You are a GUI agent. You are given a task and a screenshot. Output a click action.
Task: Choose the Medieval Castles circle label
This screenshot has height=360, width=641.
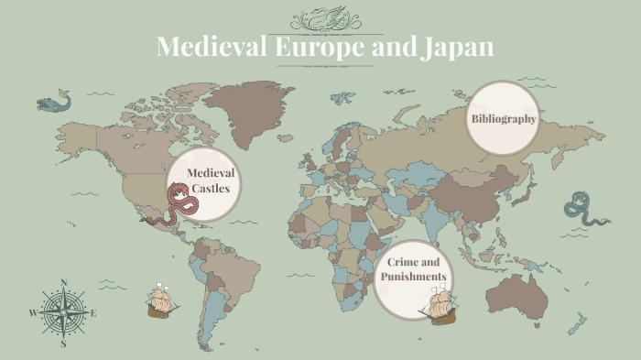[209, 180]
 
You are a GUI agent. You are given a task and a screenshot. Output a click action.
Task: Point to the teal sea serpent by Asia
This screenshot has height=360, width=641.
[583, 210]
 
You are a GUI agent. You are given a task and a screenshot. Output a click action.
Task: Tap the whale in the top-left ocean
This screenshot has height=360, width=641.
[54, 101]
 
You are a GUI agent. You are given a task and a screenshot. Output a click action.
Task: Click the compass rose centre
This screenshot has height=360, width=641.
[63, 312]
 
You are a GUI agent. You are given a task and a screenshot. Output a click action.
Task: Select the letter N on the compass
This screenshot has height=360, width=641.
[63, 283]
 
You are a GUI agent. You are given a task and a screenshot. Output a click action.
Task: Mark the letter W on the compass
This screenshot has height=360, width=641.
[33, 313]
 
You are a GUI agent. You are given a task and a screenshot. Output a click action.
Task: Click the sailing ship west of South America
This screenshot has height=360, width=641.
[162, 300]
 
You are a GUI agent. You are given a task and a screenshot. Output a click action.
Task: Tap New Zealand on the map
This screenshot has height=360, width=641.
[578, 322]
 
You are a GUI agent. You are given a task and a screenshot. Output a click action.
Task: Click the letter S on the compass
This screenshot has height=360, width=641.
[63, 344]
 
